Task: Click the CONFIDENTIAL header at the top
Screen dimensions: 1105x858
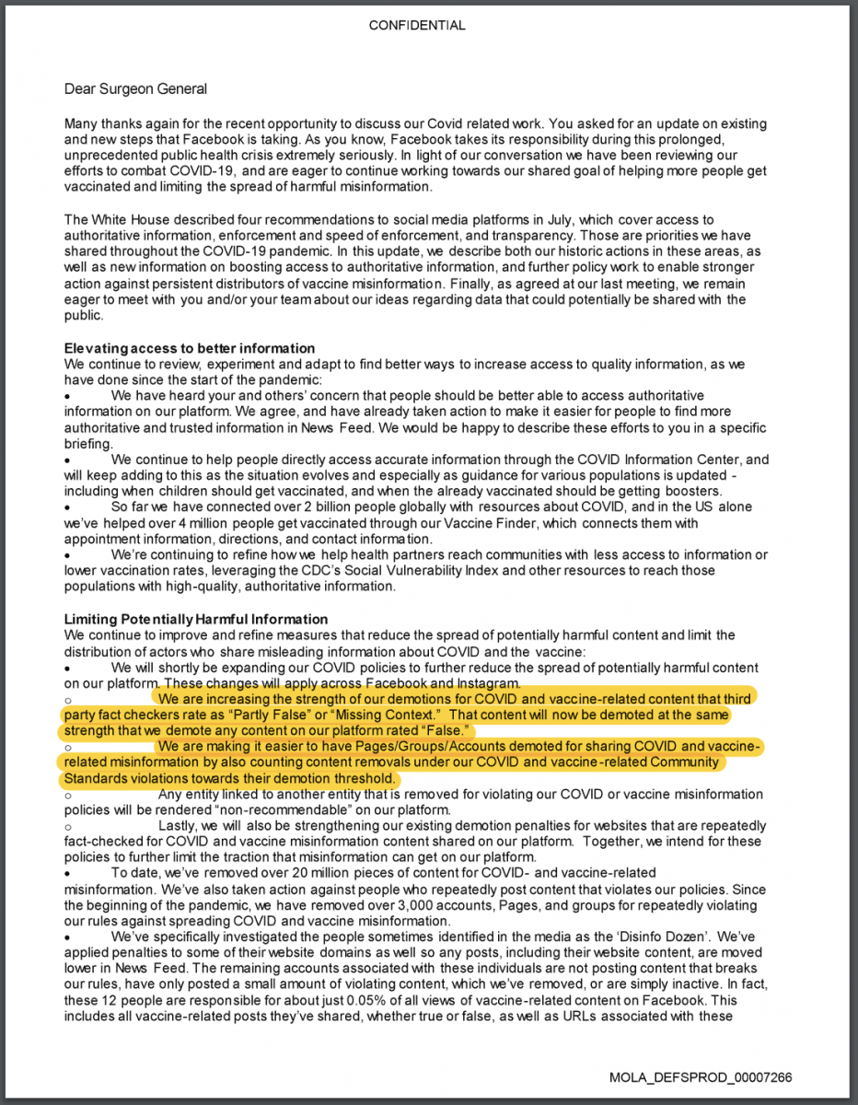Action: click(417, 26)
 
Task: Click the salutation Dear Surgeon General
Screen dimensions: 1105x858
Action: click(135, 89)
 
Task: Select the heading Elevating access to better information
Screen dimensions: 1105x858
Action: click(190, 348)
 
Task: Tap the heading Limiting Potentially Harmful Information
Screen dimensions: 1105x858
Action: click(195, 619)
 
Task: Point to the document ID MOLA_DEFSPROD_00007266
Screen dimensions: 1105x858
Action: click(701, 1077)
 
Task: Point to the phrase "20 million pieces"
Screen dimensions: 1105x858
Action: click(307, 873)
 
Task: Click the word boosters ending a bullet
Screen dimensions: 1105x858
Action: click(693, 492)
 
